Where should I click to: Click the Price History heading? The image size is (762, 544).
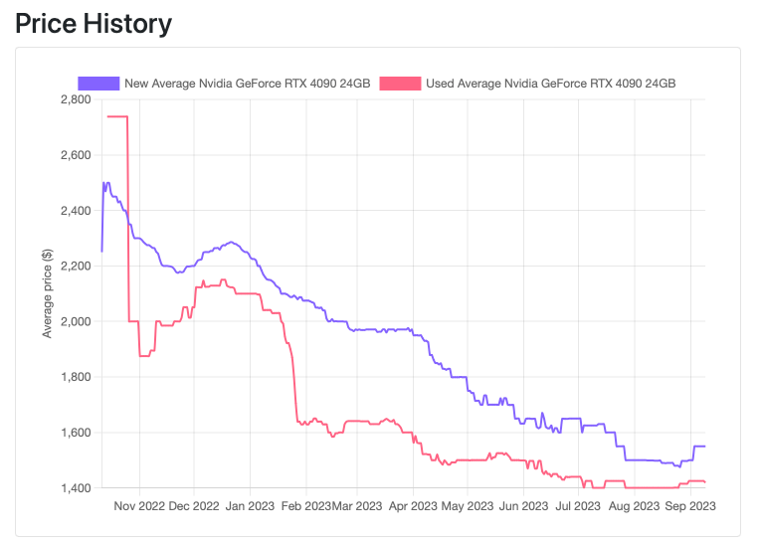point(94,24)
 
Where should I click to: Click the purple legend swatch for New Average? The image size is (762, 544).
point(98,84)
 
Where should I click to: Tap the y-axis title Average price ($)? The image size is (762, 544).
point(47,293)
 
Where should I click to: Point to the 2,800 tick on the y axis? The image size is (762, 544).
point(76,99)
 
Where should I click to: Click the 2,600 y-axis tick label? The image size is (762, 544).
point(76,155)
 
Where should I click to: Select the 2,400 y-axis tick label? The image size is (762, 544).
point(76,211)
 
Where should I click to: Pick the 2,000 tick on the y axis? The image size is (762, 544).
point(76,322)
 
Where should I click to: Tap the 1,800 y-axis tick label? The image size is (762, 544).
point(76,378)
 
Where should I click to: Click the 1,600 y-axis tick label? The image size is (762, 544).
point(76,434)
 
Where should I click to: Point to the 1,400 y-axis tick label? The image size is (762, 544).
point(76,488)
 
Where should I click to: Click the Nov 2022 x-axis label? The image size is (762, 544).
point(140,506)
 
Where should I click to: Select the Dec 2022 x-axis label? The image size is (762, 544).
point(194,506)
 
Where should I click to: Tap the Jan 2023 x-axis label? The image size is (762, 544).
point(250,506)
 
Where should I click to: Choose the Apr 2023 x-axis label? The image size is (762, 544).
point(412,506)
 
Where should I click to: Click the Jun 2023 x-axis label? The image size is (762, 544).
point(521,506)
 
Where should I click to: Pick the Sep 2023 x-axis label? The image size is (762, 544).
point(689,506)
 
